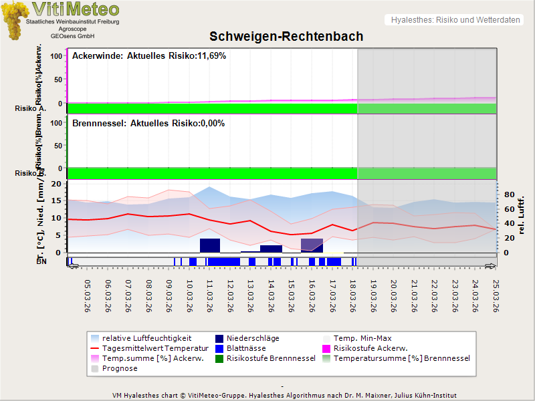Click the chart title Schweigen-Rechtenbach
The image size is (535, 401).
coord(286,36)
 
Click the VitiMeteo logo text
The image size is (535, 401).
coord(76,9)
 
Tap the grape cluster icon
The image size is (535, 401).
coord(15,20)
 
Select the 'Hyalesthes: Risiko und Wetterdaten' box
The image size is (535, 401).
coord(455,20)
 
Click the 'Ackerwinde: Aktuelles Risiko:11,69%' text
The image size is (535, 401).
coord(148,56)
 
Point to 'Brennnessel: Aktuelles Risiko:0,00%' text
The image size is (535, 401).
coord(148,124)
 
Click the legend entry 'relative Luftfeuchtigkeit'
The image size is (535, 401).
coord(146,338)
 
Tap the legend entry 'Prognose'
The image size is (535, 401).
coord(120,368)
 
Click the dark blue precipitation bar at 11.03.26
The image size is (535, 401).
coord(210,245)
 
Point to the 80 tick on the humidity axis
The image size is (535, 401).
coord(508,195)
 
